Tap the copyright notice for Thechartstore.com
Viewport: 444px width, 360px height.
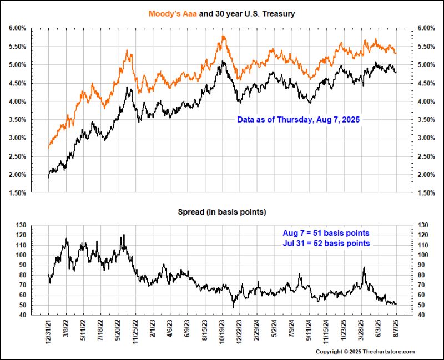point(365,352)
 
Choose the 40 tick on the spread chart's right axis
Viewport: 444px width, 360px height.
point(421,315)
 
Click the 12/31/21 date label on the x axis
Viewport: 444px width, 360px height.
point(49,332)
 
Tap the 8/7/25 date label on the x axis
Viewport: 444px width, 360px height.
point(396,329)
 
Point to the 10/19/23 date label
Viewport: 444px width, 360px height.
point(223,332)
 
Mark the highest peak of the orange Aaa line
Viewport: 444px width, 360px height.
point(223,36)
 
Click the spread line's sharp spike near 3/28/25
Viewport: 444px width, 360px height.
point(364,268)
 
